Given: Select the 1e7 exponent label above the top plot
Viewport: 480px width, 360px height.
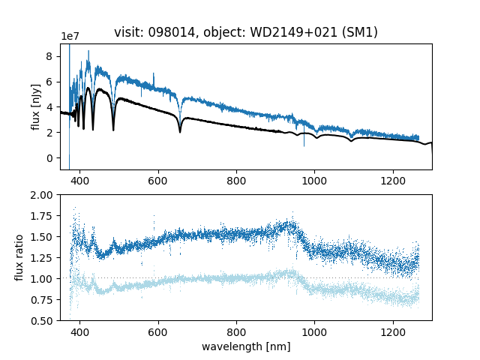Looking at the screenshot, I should pos(70,37).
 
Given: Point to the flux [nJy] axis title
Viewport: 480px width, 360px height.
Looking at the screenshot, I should pos(35,107).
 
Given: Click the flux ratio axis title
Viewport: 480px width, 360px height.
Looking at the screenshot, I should pos(20,257).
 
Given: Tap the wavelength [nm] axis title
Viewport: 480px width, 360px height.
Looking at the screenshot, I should pos(245,346).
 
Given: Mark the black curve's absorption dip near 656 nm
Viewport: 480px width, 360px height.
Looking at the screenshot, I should pos(180,131).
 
